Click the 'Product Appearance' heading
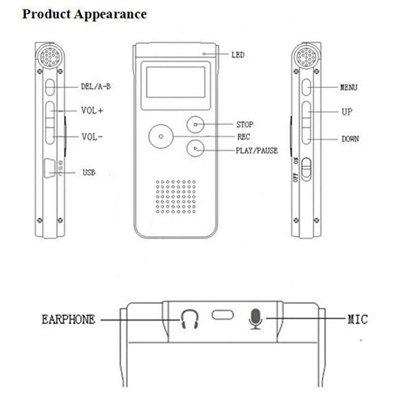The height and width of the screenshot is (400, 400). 85,14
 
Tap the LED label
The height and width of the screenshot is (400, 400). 238,55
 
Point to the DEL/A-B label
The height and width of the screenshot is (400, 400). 96,87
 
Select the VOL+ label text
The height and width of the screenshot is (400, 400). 92,111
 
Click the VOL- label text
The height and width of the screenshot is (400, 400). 92,137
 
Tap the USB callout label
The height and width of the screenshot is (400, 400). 89,173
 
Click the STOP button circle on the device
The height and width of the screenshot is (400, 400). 195,125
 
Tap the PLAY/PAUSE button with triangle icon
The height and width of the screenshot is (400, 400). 195,148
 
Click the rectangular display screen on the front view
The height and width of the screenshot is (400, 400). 176,82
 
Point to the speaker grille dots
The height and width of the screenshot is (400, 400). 176,197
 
